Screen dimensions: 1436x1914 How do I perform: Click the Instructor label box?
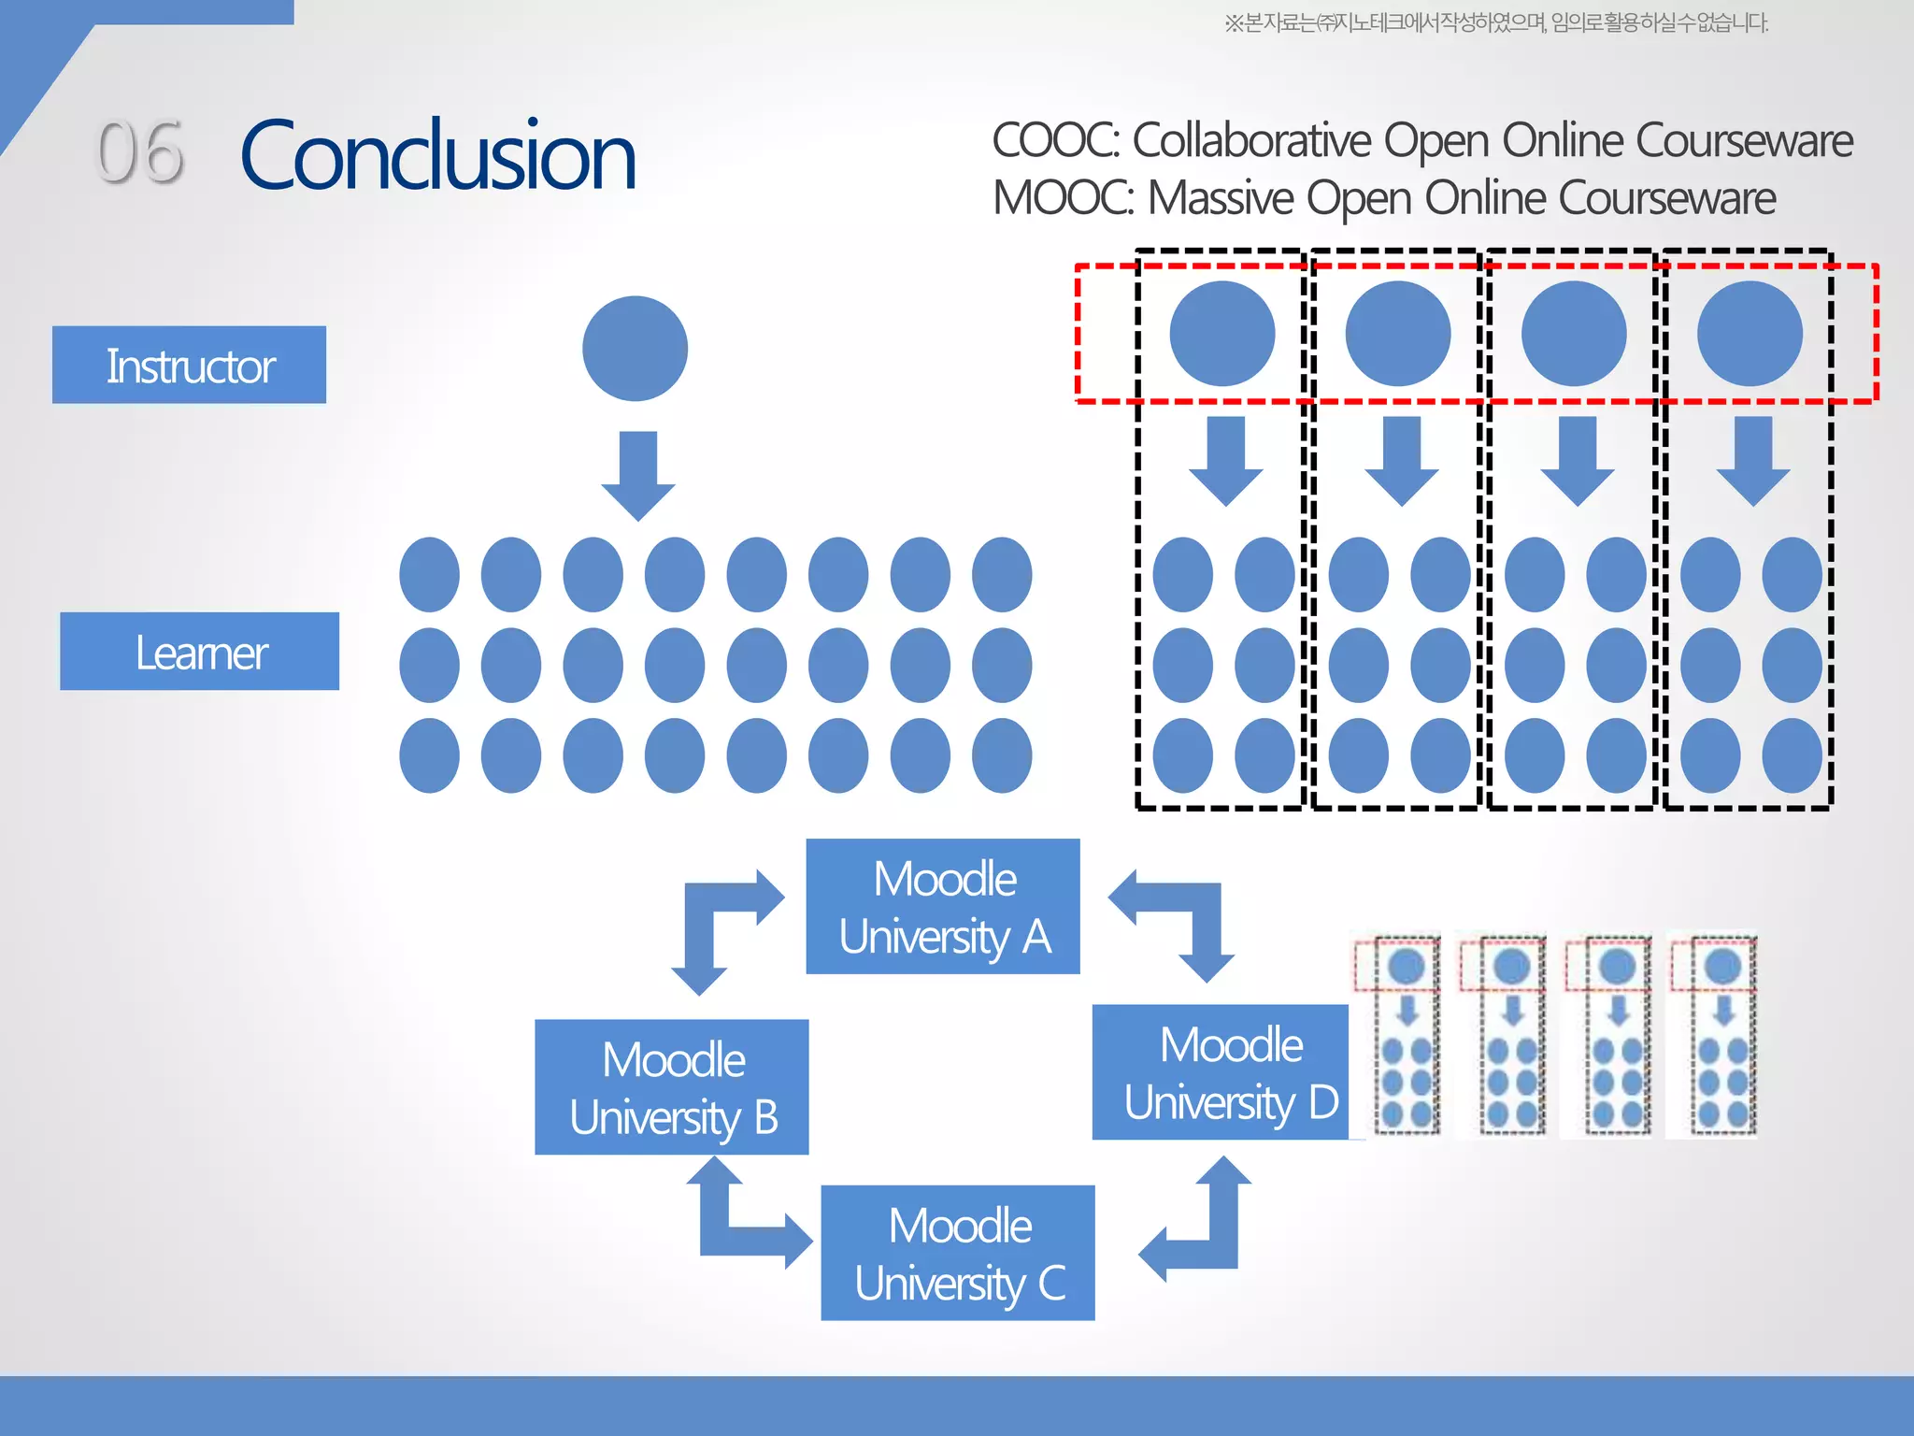[189, 365]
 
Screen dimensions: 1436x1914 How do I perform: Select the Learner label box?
[199, 652]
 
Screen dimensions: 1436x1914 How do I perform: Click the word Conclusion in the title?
[437, 155]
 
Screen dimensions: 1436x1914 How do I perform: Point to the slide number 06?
[140, 152]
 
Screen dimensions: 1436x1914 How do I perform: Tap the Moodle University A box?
[943, 907]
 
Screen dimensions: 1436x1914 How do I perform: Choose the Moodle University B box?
[671, 1087]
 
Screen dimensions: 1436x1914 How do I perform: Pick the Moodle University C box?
[957, 1253]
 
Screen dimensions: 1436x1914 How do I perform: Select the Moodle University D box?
[1221, 1072]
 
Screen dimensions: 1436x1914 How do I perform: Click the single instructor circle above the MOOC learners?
[635, 349]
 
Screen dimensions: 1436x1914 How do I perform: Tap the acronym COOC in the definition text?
[1054, 140]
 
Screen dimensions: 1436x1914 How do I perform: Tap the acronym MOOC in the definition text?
[1062, 198]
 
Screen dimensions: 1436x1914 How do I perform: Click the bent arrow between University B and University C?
[738, 1215]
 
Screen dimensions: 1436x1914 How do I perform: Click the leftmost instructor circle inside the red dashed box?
[1221, 334]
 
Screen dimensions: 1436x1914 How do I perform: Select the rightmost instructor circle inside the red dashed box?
[1750, 334]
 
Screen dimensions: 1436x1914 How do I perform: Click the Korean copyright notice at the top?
[1495, 22]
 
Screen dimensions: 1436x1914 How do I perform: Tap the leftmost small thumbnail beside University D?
[1398, 1036]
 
